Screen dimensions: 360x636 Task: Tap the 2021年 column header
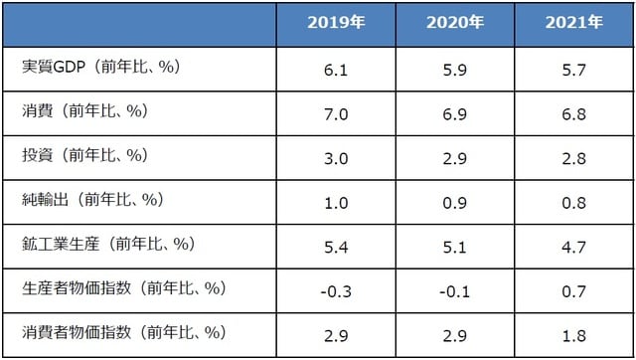pos(574,22)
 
